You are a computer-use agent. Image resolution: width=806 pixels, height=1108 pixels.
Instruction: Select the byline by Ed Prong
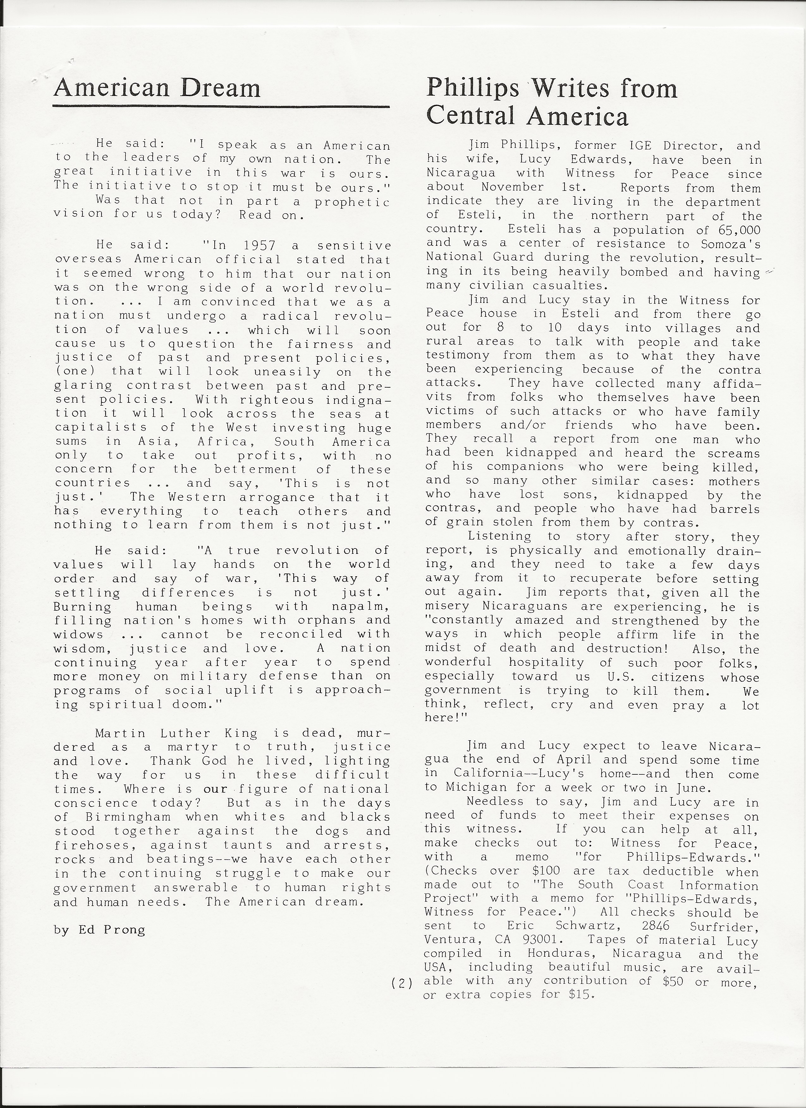click(x=100, y=930)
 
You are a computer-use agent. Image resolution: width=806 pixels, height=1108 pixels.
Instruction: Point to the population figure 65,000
click(x=739, y=230)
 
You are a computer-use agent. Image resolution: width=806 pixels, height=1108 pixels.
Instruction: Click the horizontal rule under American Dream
click(x=221, y=106)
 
